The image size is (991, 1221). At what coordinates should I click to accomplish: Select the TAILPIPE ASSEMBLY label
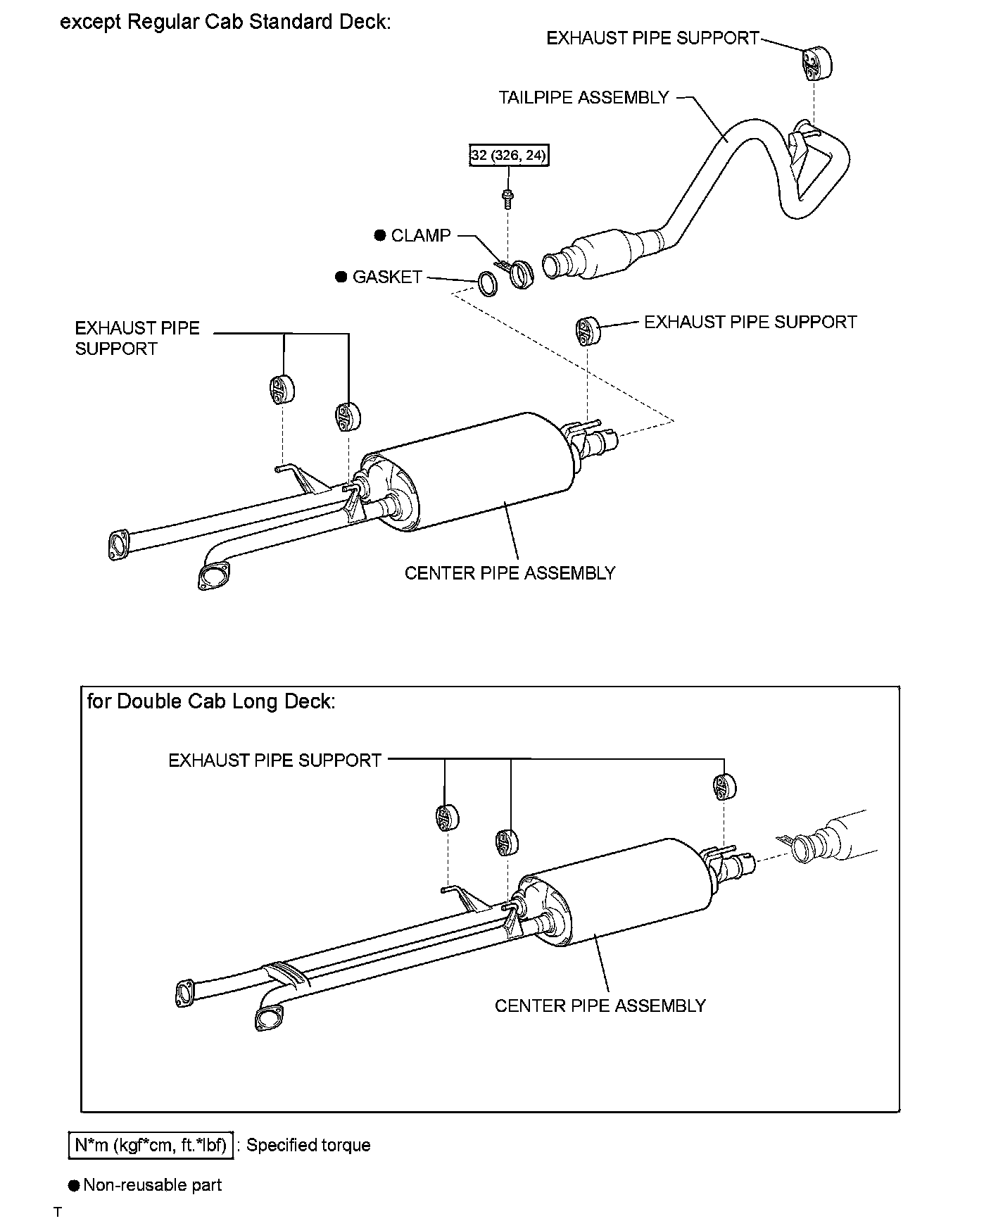(x=583, y=98)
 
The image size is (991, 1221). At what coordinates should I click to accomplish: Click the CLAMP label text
(x=420, y=235)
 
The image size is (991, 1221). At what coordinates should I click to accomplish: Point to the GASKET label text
(x=387, y=277)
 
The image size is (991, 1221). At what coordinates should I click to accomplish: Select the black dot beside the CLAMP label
(x=381, y=235)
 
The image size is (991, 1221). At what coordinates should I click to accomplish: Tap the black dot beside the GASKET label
(x=341, y=277)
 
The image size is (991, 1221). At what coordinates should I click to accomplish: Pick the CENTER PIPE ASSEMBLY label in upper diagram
(x=510, y=573)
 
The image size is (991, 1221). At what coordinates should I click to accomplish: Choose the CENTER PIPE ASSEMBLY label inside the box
(x=600, y=1006)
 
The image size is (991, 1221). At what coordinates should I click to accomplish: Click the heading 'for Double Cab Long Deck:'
(x=211, y=701)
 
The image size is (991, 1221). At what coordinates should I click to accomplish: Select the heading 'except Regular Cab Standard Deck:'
(x=225, y=22)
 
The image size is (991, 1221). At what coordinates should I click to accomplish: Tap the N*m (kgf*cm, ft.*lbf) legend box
(x=151, y=1146)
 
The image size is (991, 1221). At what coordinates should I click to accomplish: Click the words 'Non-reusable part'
(x=153, y=1185)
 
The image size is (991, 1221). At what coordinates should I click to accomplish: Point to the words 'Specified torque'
(x=308, y=1146)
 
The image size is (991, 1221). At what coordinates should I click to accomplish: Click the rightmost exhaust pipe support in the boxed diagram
(x=724, y=787)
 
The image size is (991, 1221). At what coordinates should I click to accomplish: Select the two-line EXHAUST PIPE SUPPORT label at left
(x=137, y=338)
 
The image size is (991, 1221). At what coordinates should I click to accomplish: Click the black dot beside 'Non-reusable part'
(x=74, y=1186)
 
